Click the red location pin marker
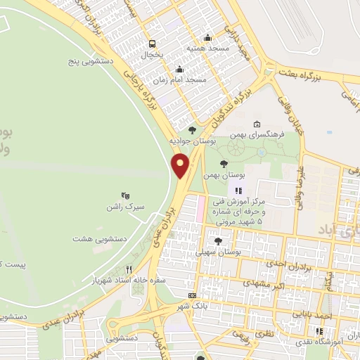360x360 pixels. pos(181,166)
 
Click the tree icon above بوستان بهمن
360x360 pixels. pos(224,163)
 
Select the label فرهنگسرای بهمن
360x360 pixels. pos(262,134)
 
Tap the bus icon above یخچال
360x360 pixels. pos(150,42)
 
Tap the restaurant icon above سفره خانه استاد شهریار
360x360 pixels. pos(129,269)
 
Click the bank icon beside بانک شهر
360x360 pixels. pos(193,295)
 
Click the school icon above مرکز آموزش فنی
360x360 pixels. pos(238,190)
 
